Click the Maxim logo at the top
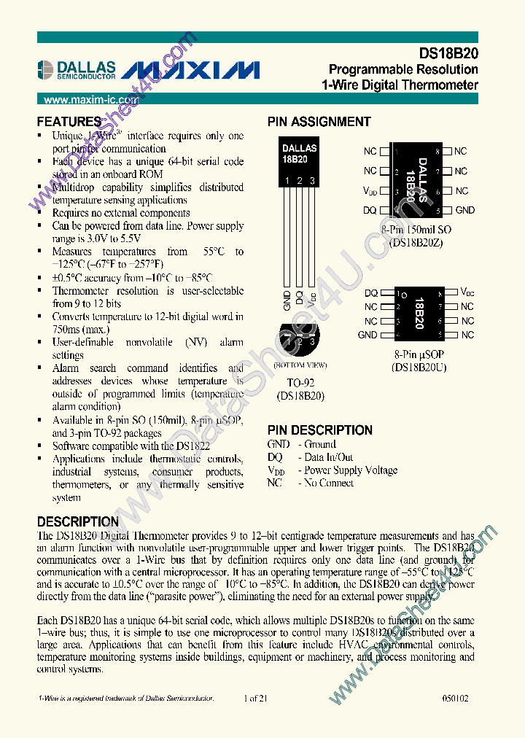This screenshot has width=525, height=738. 191,69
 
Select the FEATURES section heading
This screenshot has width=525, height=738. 69,122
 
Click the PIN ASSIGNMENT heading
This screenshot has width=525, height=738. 319,122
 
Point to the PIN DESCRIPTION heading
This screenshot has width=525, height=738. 319,430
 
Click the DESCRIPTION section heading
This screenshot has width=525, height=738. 77,522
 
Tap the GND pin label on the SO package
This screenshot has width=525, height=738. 464,210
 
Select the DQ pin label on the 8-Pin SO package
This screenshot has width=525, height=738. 370,210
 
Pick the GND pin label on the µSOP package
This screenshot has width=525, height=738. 367,335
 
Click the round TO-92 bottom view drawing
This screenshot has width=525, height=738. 300,339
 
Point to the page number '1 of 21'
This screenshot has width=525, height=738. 257,699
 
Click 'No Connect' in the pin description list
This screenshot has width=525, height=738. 329,483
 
